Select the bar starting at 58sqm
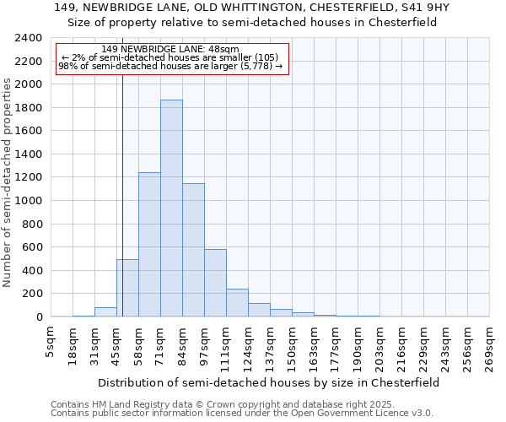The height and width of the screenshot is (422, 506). pyautogui.click(x=149, y=245)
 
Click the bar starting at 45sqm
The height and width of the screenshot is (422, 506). pyautogui.click(x=127, y=288)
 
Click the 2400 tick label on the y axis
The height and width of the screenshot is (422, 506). pyautogui.click(x=30, y=38)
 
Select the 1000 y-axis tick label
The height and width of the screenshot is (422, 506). pyautogui.click(x=30, y=201)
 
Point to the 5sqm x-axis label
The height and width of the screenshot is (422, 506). pyautogui.click(x=51, y=343)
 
